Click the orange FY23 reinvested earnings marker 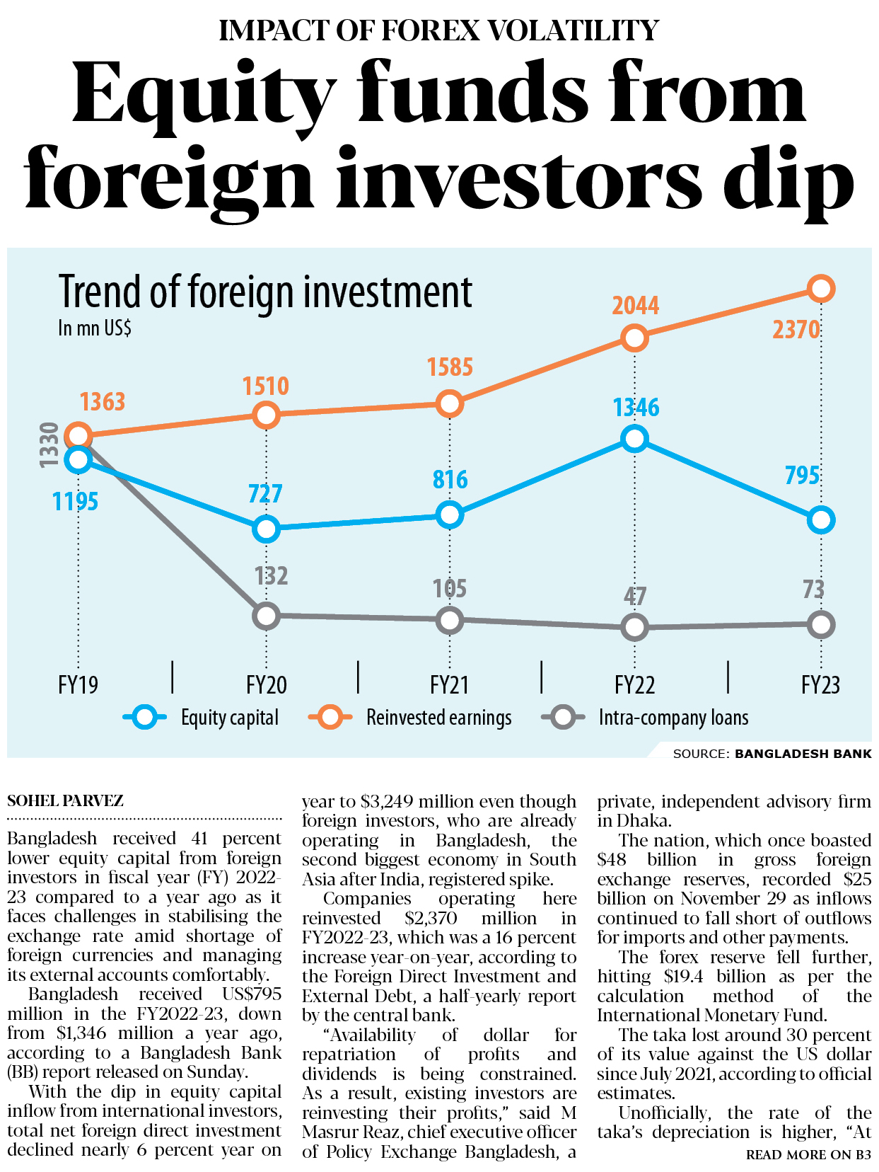820,289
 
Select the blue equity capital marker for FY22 635,439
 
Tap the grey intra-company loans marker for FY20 266,616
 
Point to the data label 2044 635,306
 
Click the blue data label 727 265,493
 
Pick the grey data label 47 635,596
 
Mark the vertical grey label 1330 48,444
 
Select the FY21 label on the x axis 450,685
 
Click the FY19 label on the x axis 78,685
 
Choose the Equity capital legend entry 229,718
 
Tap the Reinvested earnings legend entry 438,718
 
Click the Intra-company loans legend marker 563,718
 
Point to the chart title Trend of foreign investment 265,292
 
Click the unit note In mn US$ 95,328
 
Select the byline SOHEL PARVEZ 65,800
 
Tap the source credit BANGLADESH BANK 803,754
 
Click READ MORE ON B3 808,1155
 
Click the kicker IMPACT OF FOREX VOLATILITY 439,30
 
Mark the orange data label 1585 450,367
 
